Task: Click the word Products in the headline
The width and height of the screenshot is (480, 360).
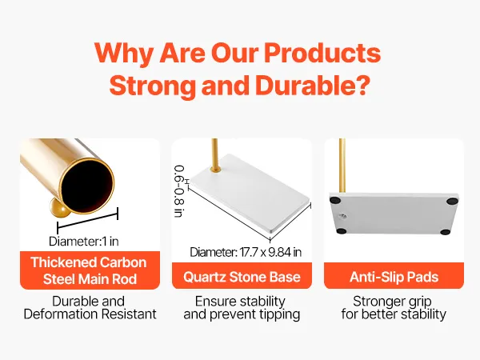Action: pyautogui.click(x=322, y=54)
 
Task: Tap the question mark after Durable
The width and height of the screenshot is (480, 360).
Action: pyautogui.click(x=362, y=85)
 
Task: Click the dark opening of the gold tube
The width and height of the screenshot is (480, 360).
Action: pyautogui.click(x=86, y=186)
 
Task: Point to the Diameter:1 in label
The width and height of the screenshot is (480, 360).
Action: pyautogui.click(x=83, y=242)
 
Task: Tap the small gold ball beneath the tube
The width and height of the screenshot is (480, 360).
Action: pyautogui.click(x=59, y=207)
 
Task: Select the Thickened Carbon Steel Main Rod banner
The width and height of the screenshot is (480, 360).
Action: pyautogui.click(x=90, y=270)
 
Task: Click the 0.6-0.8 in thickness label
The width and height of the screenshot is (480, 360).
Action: pyautogui.click(x=179, y=191)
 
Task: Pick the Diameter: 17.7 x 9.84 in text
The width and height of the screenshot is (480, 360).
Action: pyautogui.click(x=246, y=252)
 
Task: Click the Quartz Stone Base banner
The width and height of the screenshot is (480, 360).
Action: pyautogui.click(x=242, y=277)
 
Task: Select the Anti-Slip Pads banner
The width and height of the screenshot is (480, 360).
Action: pyautogui.click(x=394, y=277)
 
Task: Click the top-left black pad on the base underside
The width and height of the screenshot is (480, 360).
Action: pyautogui.click(x=335, y=201)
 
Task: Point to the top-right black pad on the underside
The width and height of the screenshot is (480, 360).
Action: pyautogui.click(x=452, y=201)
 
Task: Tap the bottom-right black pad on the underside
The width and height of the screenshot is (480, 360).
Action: pyautogui.click(x=446, y=232)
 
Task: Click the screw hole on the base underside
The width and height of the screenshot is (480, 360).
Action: pyautogui.click(x=342, y=217)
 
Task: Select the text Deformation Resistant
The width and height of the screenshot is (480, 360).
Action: pyautogui.click(x=90, y=314)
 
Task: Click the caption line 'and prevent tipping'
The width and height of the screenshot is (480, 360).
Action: pyautogui.click(x=242, y=314)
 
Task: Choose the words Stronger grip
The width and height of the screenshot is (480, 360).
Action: pyautogui.click(x=393, y=302)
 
